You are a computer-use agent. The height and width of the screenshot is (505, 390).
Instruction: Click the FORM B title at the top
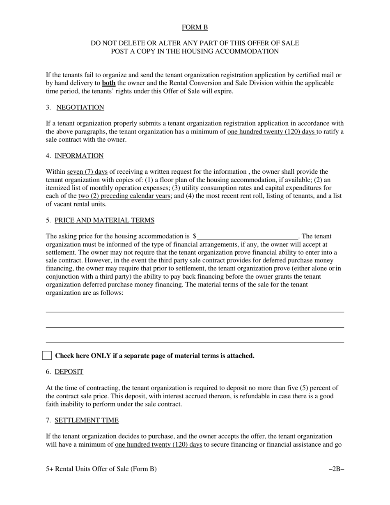coord(195,28)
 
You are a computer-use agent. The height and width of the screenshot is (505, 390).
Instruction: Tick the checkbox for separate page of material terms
coord(47,356)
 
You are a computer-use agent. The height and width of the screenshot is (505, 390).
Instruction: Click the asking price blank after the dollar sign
coord(248,236)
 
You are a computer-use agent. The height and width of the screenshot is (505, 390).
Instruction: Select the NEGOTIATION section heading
coord(80,108)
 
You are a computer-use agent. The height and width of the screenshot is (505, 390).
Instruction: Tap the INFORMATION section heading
coord(79,156)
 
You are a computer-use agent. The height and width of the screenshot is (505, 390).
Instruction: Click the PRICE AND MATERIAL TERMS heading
coord(104,220)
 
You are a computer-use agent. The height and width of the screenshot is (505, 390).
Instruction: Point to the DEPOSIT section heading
coord(69,372)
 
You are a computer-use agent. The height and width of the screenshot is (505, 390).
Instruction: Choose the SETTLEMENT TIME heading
coord(86,420)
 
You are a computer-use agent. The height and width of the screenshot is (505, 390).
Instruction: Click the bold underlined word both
coord(109,83)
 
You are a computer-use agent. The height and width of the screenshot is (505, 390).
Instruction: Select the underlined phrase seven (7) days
coord(87,172)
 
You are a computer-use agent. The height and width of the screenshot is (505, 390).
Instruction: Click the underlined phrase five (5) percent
coord(309,388)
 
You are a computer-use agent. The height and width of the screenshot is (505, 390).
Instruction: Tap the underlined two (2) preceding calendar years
coord(124,196)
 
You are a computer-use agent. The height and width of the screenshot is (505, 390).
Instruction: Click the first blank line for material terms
coord(195,312)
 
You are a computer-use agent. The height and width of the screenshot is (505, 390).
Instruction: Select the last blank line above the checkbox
coord(195,342)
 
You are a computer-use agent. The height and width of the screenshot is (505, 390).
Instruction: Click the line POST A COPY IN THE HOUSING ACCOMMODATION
coord(195,51)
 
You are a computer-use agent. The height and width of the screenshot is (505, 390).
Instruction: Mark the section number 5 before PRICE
coord(48,220)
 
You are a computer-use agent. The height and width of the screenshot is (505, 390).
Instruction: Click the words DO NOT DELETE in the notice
coord(115,43)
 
